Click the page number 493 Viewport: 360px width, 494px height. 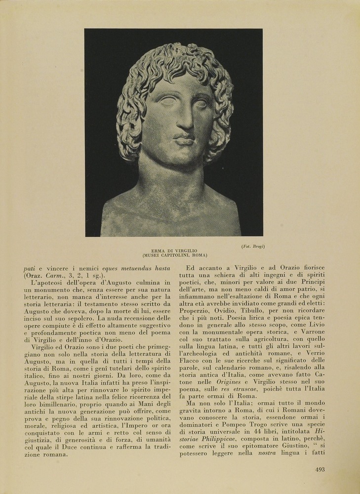[320, 469]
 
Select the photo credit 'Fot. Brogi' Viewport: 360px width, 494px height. [252, 246]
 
